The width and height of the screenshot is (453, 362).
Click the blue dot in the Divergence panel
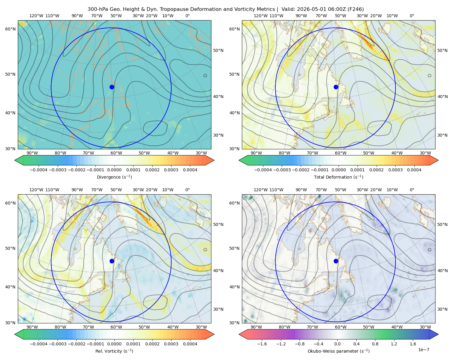coord(112,87)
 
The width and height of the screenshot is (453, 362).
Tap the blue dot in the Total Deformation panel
coord(336,87)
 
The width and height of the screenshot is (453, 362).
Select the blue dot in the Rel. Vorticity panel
coord(112,261)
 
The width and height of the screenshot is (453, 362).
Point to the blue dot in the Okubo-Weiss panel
coord(336,261)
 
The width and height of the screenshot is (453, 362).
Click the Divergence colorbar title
coord(114,177)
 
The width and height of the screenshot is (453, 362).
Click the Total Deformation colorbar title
coord(339,177)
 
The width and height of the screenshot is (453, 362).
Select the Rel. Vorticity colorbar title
coord(114,351)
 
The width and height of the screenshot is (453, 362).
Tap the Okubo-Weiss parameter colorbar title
coord(339,351)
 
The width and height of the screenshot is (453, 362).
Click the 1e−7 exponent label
coord(423,350)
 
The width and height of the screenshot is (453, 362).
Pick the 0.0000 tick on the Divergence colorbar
coord(114,170)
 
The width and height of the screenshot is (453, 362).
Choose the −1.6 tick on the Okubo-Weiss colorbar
coord(262,344)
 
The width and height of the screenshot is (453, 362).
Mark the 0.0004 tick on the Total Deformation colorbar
coord(414,170)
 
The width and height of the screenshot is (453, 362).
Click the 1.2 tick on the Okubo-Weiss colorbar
coord(394,344)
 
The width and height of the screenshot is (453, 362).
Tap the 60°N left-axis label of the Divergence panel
coord(10,29)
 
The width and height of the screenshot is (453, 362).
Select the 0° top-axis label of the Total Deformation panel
coord(412,16)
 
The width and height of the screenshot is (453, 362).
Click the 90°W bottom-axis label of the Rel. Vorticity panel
coord(32,327)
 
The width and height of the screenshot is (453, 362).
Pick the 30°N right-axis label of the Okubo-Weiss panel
coord(442,309)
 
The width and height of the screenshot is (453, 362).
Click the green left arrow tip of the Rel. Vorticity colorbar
coord(15,334)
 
